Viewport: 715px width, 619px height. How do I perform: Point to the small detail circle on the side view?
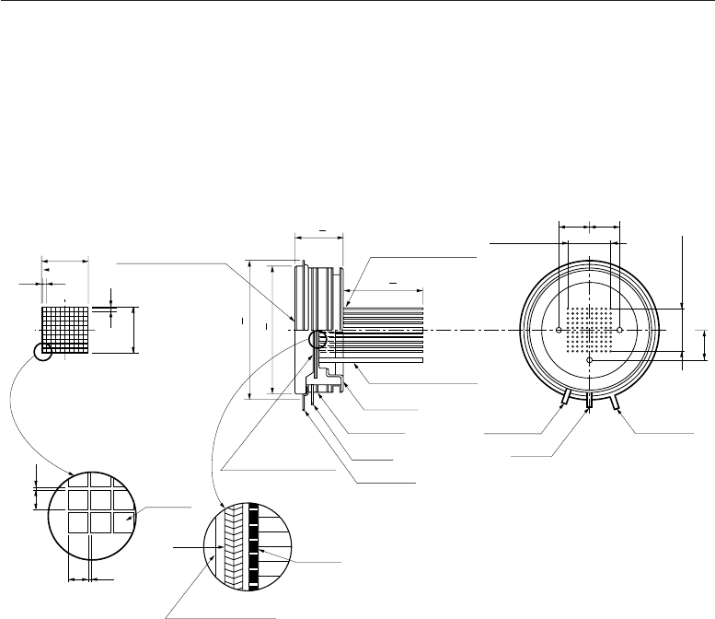click(x=318, y=339)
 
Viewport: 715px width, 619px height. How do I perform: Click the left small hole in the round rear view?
click(x=559, y=330)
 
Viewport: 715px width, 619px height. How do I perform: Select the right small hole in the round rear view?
click(x=620, y=330)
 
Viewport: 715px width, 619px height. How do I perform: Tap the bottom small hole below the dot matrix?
click(x=589, y=360)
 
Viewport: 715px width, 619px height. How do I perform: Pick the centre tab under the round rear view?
click(x=589, y=403)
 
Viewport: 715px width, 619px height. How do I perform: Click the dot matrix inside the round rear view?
click(x=589, y=330)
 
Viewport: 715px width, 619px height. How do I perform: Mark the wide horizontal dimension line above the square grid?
click(x=64, y=261)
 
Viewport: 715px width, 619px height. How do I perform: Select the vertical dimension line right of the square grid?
click(x=133, y=330)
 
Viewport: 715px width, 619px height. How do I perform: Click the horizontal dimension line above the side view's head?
click(x=317, y=235)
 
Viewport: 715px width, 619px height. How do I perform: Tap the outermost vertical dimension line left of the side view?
click(x=250, y=330)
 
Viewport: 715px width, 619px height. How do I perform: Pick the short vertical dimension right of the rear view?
click(x=704, y=345)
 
